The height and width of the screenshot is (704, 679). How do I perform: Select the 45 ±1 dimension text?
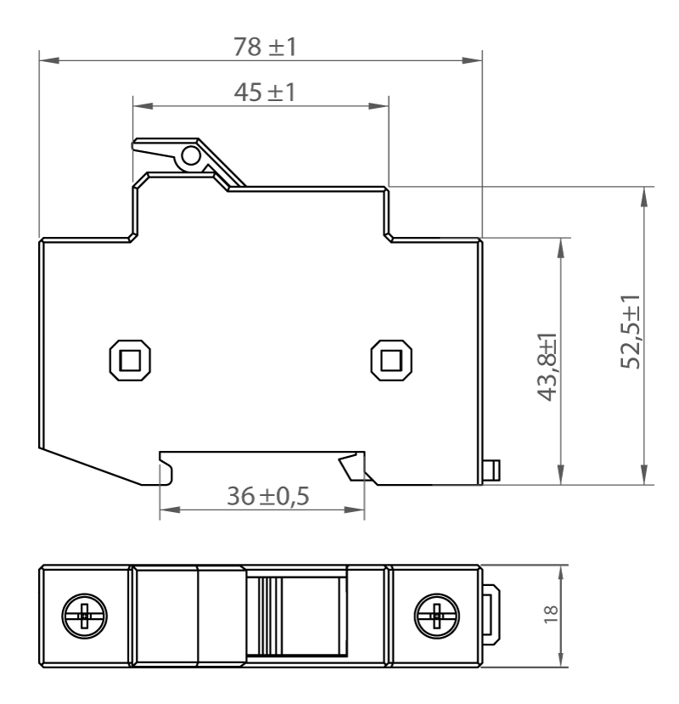tap(264, 92)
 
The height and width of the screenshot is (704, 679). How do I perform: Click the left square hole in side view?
tap(131, 359)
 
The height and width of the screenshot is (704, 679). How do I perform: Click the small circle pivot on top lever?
tap(191, 155)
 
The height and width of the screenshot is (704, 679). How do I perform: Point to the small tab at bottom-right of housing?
tap(491, 469)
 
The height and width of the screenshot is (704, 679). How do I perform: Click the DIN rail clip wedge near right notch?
tap(350, 468)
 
